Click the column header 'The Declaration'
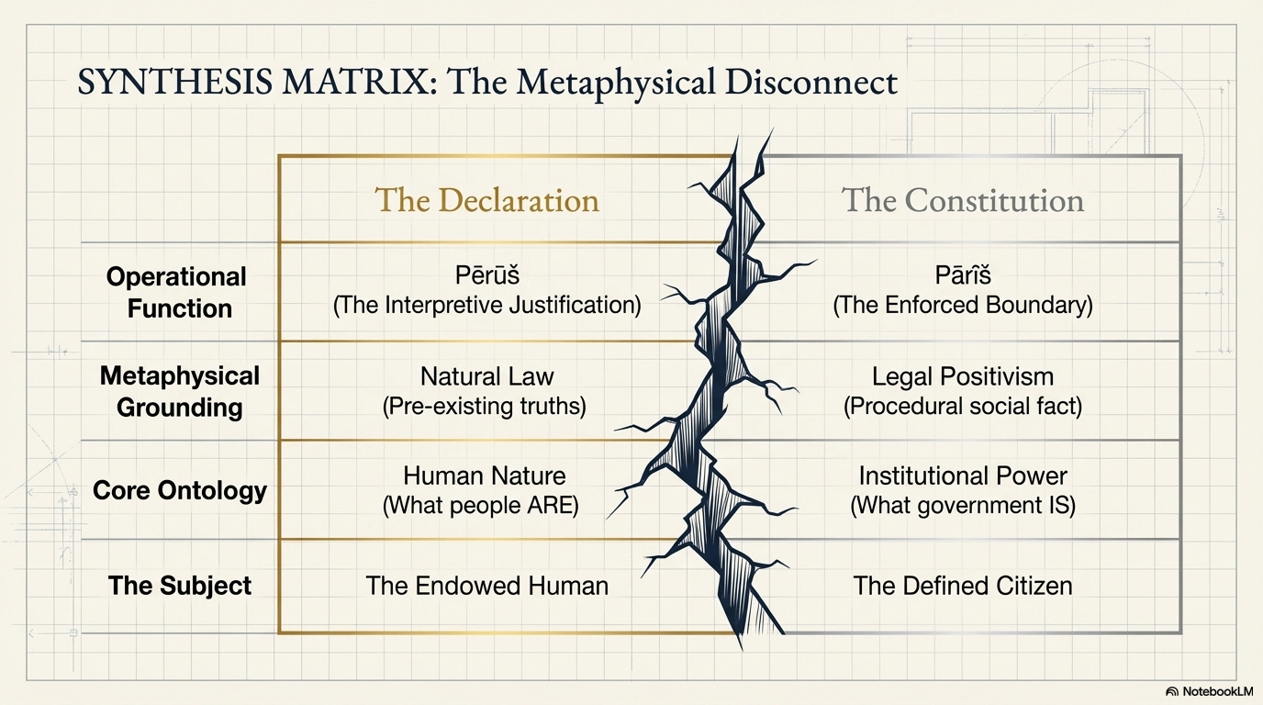tap(486, 199)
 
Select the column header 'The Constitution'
tap(963, 199)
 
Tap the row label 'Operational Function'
tap(176, 292)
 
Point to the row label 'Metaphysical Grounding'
tap(179, 391)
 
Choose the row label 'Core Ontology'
tap(179, 490)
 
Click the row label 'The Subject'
tap(179, 586)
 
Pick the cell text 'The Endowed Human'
tap(487, 586)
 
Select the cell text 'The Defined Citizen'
tap(963, 586)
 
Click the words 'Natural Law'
tap(487, 376)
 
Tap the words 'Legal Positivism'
tap(963, 376)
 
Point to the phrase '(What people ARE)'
tap(481, 506)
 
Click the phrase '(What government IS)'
tap(963, 506)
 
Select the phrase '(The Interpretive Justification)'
tap(487, 305)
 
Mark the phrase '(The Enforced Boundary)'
tap(963, 305)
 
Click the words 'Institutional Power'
tap(963, 476)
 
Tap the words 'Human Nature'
tap(485, 476)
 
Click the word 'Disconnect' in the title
tap(811, 82)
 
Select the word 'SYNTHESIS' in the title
tap(174, 82)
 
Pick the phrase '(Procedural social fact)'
tap(963, 406)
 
